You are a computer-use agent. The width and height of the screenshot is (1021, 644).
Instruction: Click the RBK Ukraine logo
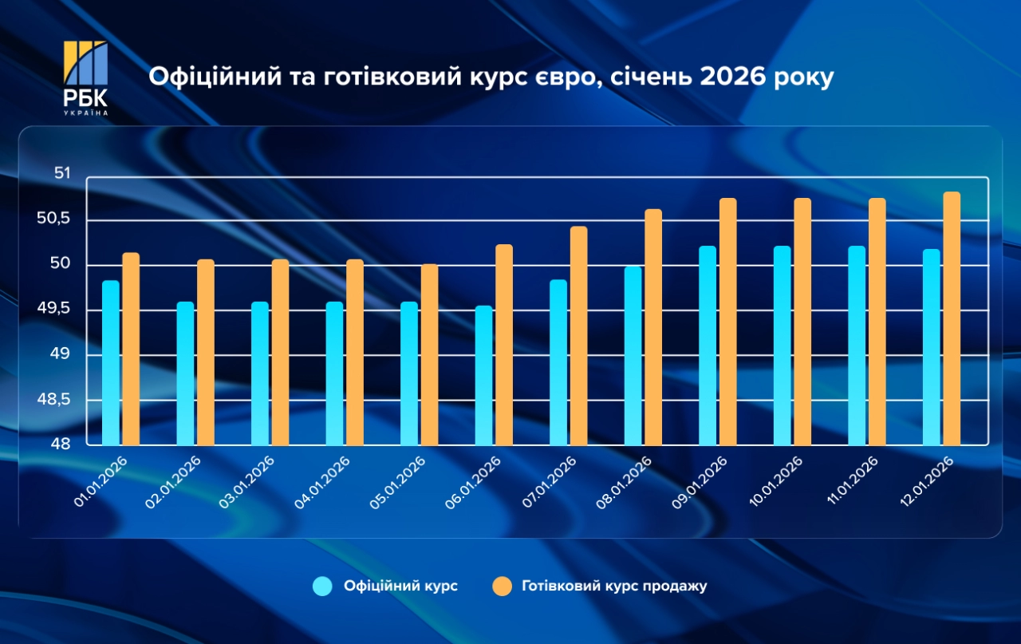coord(85,78)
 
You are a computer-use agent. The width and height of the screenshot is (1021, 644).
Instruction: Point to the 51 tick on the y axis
coord(62,174)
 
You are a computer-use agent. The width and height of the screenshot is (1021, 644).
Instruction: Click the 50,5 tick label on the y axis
coord(54,219)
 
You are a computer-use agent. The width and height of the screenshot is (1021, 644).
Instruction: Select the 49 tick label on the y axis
coord(62,354)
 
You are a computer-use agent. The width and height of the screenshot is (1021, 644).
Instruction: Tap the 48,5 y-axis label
coord(54,399)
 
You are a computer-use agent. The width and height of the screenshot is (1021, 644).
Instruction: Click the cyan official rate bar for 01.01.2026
coord(110,363)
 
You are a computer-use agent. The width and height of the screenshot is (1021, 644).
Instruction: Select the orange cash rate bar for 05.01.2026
coord(430,355)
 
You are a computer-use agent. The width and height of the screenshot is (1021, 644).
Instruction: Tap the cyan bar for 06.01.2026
coord(483,375)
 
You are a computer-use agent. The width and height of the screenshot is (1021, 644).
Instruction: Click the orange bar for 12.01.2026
coord(952,319)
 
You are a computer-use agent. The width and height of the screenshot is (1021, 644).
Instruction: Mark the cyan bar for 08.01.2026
coord(633,356)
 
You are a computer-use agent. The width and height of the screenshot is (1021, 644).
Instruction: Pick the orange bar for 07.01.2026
coord(579,336)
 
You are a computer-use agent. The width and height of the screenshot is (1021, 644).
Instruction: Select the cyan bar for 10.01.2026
coord(783,346)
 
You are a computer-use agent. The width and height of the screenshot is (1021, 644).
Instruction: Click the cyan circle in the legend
coord(322,586)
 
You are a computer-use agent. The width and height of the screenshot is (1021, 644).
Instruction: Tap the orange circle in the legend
coord(501,586)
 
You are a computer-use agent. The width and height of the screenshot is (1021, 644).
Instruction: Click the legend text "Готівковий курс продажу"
coord(614,586)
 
